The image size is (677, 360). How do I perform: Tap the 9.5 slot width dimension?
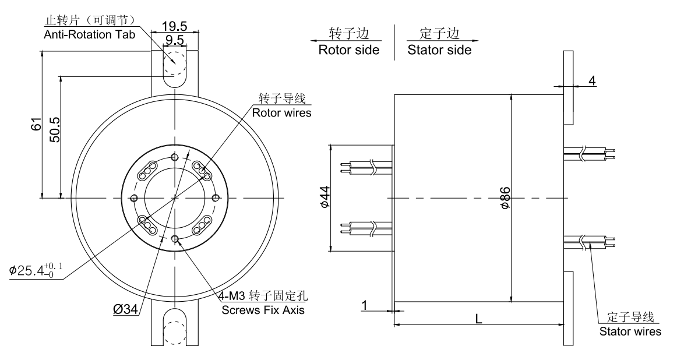[x=174, y=40]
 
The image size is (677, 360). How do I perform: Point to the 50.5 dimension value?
[x=55, y=136]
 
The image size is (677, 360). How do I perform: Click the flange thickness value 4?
[x=592, y=80]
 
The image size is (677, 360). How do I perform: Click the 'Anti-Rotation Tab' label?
[x=90, y=34]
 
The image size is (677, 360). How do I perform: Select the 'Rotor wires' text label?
[x=282, y=112]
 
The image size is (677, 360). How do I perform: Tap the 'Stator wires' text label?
[x=630, y=331]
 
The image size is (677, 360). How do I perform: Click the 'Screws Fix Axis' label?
[x=262, y=309]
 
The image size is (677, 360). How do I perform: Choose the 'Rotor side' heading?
[x=348, y=50]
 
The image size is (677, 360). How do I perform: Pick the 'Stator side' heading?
[x=439, y=50]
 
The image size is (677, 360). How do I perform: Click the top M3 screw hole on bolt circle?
[x=175, y=157]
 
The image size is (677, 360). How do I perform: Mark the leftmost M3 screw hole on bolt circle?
[x=135, y=197]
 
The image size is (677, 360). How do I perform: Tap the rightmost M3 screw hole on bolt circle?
[x=216, y=197]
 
